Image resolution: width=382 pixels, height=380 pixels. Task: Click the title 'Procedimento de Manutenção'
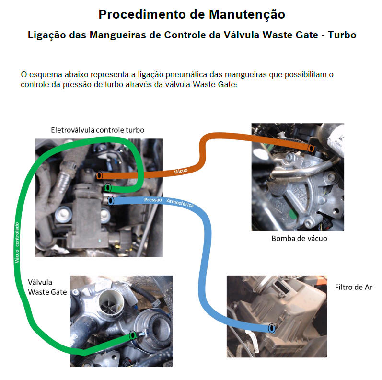(x=192, y=14)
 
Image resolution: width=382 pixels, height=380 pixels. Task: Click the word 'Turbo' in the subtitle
(x=342, y=35)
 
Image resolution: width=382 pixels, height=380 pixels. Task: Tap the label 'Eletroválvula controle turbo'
(x=97, y=130)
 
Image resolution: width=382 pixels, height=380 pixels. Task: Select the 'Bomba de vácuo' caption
(x=299, y=238)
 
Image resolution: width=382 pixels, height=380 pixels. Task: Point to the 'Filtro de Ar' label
(x=354, y=288)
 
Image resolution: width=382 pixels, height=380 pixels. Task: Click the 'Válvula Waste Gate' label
(x=47, y=287)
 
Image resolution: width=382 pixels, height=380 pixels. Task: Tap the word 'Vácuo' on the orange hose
(x=181, y=171)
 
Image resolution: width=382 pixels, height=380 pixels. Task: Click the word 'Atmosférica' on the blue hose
(x=180, y=203)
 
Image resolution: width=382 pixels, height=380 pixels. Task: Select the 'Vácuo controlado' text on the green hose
(x=17, y=242)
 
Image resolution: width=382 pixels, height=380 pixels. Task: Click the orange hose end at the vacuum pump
(x=311, y=148)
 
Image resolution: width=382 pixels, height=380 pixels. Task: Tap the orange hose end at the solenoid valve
(x=99, y=175)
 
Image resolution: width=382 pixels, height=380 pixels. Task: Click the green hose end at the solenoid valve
(x=108, y=188)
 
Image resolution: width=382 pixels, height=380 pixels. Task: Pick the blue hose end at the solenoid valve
(x=111, y=201)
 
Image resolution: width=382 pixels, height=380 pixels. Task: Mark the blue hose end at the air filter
(x=272, y=328)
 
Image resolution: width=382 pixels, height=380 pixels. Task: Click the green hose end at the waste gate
(x=133, y=335)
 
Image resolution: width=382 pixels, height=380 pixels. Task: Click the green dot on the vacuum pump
(x=293, y=214)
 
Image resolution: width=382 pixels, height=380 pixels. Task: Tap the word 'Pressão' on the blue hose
(x=153, y=200)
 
